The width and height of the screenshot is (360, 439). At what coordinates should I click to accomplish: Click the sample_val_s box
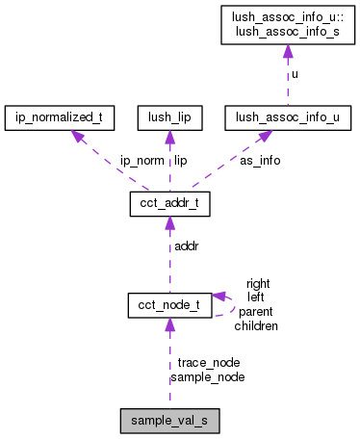coord(169,420)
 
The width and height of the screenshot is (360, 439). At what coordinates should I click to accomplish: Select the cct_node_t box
coord(169,305)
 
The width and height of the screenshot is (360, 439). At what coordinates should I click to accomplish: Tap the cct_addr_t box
coord(169,205)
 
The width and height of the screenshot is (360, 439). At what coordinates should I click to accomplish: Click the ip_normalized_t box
coord(60,119)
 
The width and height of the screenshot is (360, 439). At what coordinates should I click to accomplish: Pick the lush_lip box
coord(169,119)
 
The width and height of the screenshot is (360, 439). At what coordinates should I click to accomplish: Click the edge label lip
coord(180,161)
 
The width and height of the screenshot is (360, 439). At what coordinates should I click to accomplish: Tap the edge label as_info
coord(260,161)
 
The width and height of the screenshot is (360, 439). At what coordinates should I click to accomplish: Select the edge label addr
coord(186,247)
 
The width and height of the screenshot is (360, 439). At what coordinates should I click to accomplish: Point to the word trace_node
coord(209,363)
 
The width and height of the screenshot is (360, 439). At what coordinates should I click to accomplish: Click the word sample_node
coord(207,376)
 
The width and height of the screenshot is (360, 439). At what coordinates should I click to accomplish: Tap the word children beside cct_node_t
coord(256,326)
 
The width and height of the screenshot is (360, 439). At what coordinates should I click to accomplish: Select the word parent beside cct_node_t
coord(257,312)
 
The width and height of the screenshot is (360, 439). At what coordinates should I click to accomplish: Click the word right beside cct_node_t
coord(258,284)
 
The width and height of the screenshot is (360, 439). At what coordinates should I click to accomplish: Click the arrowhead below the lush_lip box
coord(169,138)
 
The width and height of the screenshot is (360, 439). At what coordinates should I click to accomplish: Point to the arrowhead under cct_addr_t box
coord(169,223)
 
